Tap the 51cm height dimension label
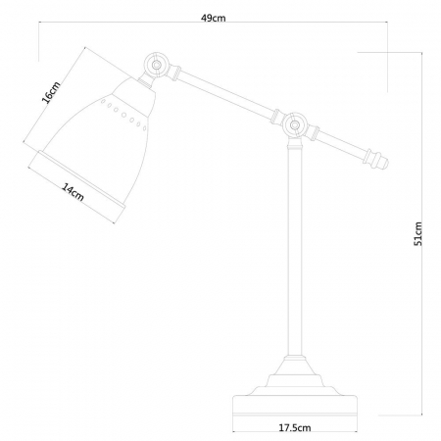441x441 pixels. point(418,232)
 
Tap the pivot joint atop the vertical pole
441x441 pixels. point(292,124)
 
